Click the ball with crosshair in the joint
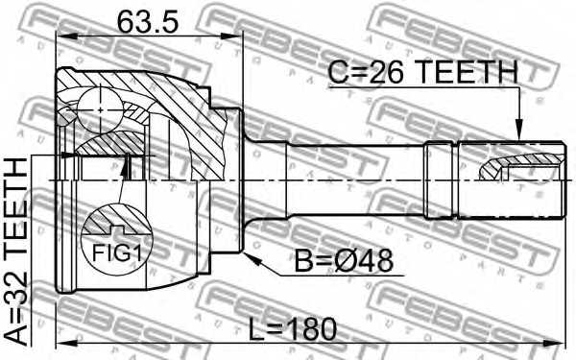(101, 110)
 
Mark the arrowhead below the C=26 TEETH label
(518, 132)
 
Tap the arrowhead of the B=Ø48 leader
(247, 254)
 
